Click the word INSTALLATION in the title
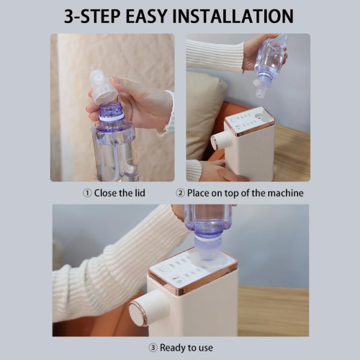pos(233,16)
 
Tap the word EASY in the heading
pos(146,16)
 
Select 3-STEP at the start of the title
pos(92,16)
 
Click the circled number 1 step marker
pos(87,193)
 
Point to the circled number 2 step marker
pos(180,193)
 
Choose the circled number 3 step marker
pos(153,348)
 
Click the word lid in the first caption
pos(140,193)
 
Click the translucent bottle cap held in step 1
pos(104,87)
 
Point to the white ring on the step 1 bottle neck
pos(112,117)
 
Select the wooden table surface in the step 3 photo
pos(273,311)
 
